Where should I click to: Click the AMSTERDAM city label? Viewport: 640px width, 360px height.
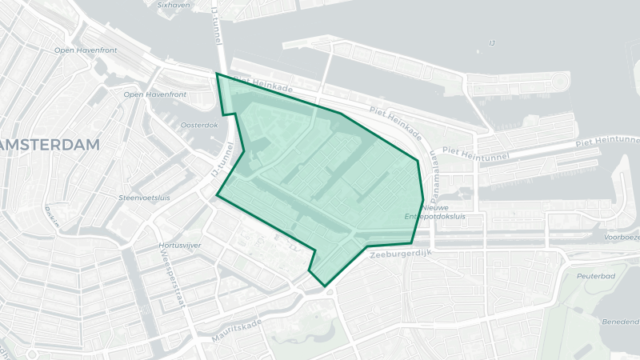coord(50,145)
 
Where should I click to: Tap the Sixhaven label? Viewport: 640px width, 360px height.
coord(174,4)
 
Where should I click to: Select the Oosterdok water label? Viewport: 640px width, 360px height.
coord(199,125)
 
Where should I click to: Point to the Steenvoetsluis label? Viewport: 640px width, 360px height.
coord(144,197)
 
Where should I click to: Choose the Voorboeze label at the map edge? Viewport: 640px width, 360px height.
coord(622,238)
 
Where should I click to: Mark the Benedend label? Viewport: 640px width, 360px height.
coord(621,321)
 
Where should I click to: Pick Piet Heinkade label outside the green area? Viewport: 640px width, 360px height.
coord(396,122)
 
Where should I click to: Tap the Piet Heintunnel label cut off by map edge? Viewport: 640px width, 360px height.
coord(608,140)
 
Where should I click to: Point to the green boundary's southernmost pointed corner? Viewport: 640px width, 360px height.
coord(324,286)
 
